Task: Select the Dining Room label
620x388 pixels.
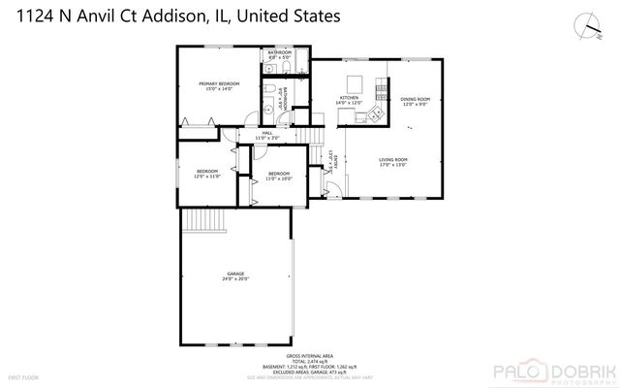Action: (x=416, y=101)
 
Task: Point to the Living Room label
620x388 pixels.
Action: (x=392, y=162)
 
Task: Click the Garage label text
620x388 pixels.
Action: (x=236, y=275)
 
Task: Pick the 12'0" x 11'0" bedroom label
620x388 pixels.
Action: (x=206, y=174)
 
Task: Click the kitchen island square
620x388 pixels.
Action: (x=354, y=81)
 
